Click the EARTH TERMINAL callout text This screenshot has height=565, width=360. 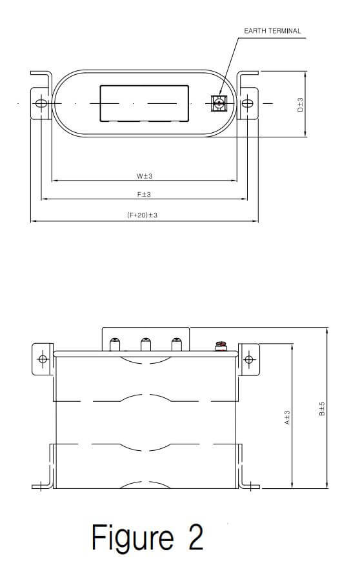272,30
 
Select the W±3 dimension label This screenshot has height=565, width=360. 144,175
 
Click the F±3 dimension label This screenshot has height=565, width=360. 144,195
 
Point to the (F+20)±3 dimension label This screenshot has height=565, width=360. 142,215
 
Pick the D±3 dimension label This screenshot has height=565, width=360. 300,104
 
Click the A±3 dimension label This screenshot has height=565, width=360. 287,418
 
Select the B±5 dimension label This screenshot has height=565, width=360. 322,409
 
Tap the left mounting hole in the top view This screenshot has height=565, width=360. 41,103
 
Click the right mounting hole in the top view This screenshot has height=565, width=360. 246,103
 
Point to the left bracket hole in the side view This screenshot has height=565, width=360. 43,359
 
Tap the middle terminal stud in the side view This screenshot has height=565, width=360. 146,344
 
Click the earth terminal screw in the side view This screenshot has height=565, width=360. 221,346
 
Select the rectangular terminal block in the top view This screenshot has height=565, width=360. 144,103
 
